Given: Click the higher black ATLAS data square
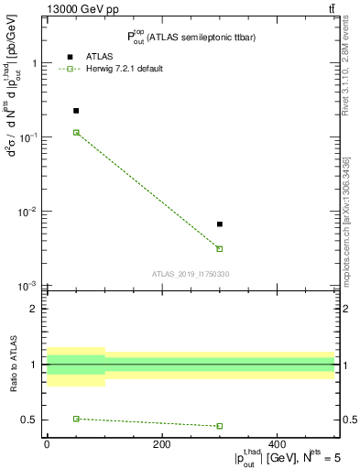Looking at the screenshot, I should [x=76, y=110].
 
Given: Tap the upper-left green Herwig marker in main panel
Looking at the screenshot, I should [x=76, y=132].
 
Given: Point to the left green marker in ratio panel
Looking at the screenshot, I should [x=76, y=419].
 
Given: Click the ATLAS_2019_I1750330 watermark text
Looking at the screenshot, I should [x=191, y=274].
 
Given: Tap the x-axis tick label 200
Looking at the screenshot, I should [x=161, y=444].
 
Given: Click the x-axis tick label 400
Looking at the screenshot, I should [x=277, y=444].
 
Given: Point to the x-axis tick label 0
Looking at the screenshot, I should [x=47, y=444].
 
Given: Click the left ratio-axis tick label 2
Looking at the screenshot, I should [x=34, y=309].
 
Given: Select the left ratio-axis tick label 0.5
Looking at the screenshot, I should [x=29, y=420].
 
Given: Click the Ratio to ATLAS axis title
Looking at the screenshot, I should [x=13, y=364].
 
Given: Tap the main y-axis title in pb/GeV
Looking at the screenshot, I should [x=14, y=160].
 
